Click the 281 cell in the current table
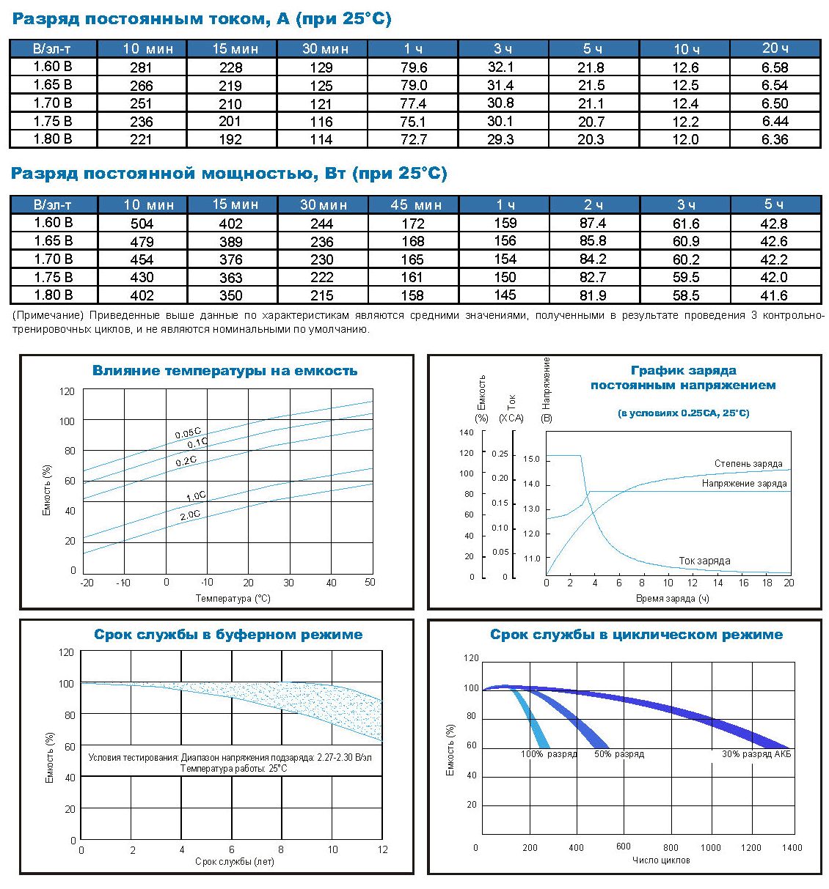tap(141, 67)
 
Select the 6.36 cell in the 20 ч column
tap(775, 139)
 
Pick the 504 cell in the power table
tap(142, 224)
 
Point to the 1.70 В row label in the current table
tap(53, 103)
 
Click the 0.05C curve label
tap(188, 434)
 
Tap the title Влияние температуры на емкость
tap(224, 371)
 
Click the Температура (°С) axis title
tap(233, 599)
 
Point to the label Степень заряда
tap(748, 464)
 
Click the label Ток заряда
tap(704, 561)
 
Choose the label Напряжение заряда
tap(744, 484)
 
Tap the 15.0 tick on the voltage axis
tap(531, 460)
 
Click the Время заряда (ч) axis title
tap(672, 599)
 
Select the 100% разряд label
tap(549, 754)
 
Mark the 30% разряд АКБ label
tap(756, 754)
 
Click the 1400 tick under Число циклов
tap(792, 848)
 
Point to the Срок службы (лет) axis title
tap(234, 862)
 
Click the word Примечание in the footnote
tap(48, 316)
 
